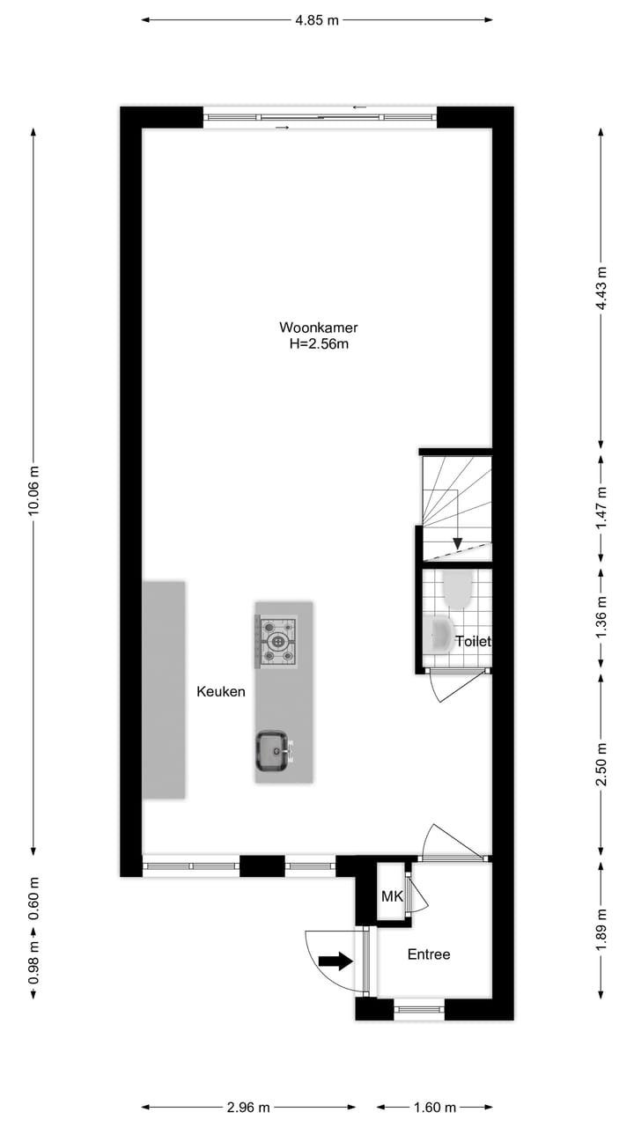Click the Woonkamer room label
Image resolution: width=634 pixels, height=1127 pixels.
point(319,328)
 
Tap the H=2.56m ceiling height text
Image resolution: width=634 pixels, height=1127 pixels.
point(319,344)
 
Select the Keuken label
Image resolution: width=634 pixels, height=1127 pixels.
point(220,692)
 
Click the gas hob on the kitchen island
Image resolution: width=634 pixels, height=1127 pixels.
point(278,640)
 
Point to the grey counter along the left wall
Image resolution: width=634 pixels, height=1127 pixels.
point(164,689)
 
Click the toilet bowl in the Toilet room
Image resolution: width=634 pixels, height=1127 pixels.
point(458,589)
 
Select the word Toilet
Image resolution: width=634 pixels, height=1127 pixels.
point(473,642)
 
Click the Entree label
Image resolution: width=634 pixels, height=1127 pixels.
point(429,954)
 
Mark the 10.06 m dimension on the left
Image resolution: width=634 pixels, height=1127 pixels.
point(33,490)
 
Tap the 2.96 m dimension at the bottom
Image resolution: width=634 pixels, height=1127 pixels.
point(249,1108)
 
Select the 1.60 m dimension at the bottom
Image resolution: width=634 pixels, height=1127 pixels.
point(435,1108)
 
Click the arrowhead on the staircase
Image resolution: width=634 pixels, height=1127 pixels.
point(457,543)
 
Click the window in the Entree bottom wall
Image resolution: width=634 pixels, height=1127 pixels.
point(419,1009)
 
